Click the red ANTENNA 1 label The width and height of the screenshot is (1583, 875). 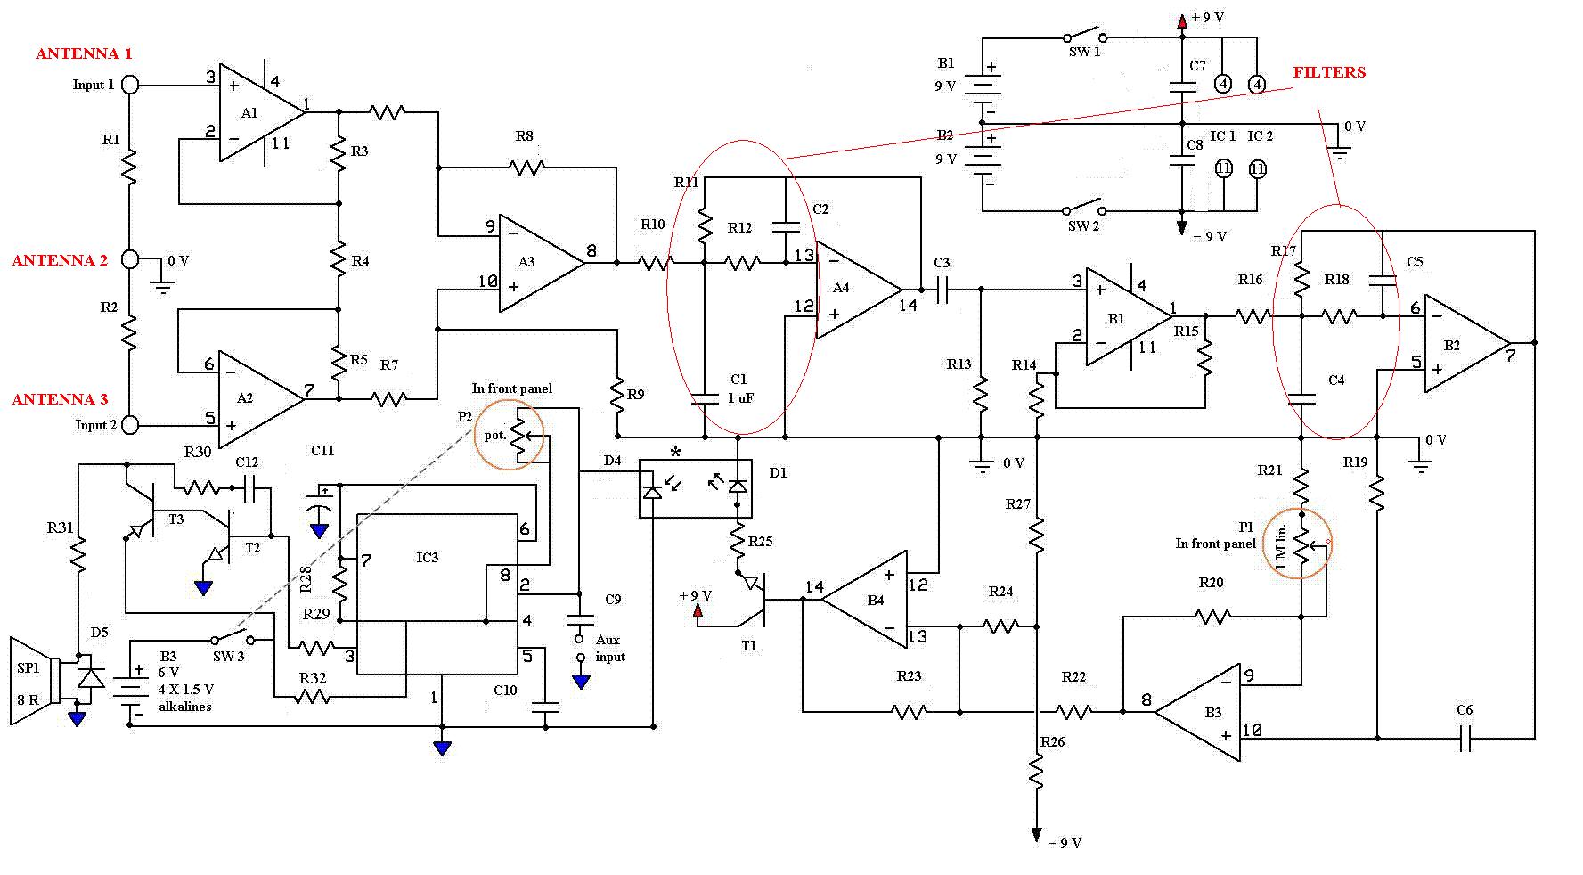[x=84, y=53]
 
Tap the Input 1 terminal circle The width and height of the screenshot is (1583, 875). [x=130, y=85]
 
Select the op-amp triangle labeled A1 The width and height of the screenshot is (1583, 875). [x=262, y=112]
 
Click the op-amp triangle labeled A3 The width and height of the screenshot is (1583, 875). [x=542, y=263]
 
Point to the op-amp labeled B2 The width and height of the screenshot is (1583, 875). [x=1466, y=344]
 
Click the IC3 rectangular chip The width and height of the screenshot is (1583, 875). [x=437, y=593]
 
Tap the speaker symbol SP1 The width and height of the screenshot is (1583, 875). [x=34, y=682]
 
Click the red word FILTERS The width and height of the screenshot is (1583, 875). [x=1329, y=72]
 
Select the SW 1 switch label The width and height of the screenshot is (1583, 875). [x=1084, y=53]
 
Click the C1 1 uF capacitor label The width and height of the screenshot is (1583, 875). [x=739, y=388]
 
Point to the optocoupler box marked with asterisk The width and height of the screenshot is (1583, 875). [x=696, y=487]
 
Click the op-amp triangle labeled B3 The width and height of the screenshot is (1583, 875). [x=1196, y=712]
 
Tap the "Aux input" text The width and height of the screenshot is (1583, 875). [x=610, y=648]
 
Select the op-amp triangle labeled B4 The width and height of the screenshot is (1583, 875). [x=864, y=600]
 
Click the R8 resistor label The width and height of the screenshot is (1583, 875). [x=524, y=136]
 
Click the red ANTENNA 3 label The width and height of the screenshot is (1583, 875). [x=60, y=399]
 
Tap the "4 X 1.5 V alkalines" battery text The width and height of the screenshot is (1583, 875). [x=186, y=698]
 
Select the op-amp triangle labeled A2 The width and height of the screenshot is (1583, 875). [x=262, y=399]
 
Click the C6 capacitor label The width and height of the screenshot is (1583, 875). [x=1465, y=710]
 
